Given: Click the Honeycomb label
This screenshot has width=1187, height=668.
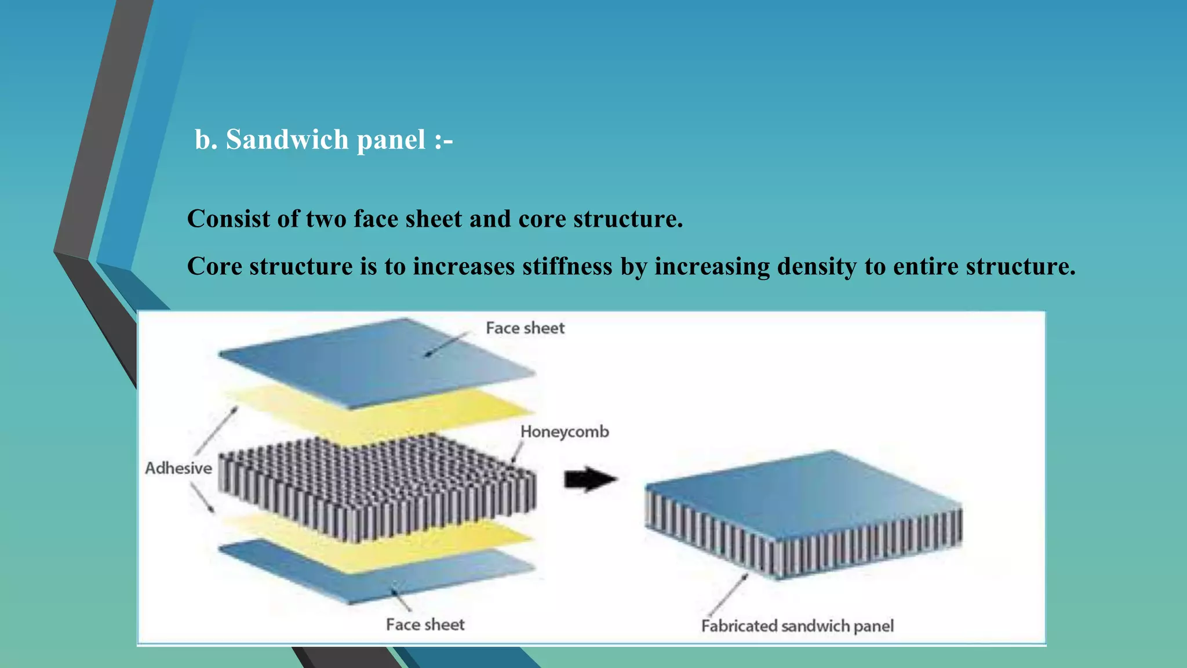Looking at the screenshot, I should point(564,432).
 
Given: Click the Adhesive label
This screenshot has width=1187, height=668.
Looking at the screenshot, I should point(178,469).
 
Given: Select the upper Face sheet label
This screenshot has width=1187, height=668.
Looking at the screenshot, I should point(525,328).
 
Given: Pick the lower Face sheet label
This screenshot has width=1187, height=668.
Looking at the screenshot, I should point(425,625).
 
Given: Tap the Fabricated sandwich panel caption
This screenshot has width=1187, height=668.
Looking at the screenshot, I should point(797,626).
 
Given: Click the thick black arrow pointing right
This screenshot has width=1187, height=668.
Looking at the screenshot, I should point(590,480).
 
